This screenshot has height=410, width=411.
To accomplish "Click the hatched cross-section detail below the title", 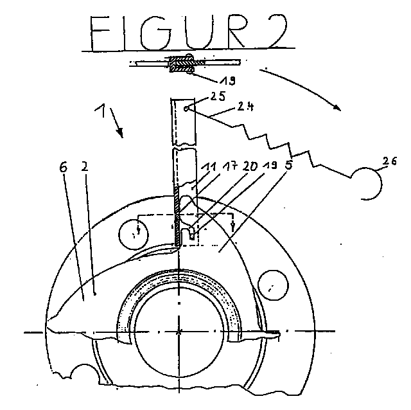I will tap(182, 64).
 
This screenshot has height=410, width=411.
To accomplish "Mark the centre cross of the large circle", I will tap(179, 332).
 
